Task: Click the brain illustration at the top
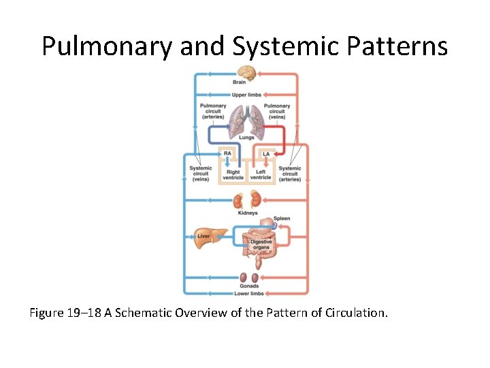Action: click(246, 73)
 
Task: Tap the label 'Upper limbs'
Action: click(246, 95)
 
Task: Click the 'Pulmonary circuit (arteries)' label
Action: click(213, 111)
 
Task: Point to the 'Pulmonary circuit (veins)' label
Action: click(277, 111)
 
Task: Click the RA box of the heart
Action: click(227, 154)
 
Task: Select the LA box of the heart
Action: click(266, 154)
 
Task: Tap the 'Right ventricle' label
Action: click(233, 174)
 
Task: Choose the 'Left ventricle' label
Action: click(261, 174)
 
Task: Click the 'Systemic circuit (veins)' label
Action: click(200, 174)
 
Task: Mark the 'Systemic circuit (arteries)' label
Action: click(290, 174)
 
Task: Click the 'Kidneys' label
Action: click(248, 213)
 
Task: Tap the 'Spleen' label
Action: click(282, 219)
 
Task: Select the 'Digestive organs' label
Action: click(261, 245)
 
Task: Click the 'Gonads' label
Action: click(249, 286)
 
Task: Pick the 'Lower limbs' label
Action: click(249, 294)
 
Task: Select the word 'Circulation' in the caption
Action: click(353, 313)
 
